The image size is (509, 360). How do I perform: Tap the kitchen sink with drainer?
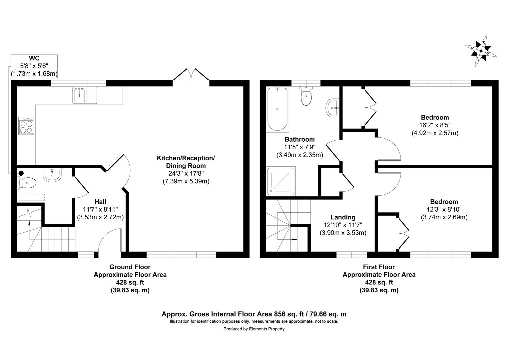(85, 95)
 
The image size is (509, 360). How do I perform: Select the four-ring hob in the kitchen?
(26, 126)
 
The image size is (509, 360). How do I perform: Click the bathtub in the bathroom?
(277, 109)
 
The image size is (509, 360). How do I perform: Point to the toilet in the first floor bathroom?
(306, 96)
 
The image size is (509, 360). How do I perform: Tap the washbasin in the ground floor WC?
(52, 175)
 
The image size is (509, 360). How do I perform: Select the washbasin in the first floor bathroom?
(332, 108)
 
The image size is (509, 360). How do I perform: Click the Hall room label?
(100, 202)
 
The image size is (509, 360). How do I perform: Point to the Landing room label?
(343, 217)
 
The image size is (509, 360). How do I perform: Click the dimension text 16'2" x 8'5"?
(435, 125)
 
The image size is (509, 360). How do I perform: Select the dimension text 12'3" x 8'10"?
(444, 209)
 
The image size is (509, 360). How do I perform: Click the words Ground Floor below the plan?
(130, 267)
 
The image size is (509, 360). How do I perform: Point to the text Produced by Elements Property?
(254, 329)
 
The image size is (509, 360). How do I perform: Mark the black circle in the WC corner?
(21, 173)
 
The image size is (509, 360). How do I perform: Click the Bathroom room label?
(299, 139)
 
